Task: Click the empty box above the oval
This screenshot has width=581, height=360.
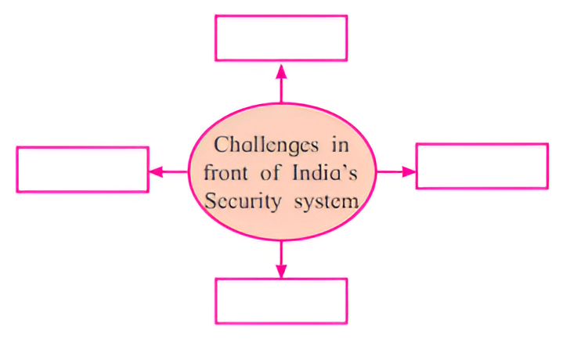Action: tap(281, 38)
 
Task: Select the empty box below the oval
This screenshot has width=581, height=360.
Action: tap(281, 301)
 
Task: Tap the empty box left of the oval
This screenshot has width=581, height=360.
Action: tap(82, 169)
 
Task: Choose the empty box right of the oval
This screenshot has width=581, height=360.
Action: tap(482, 166)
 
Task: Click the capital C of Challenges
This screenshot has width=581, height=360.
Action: tap(220, 146)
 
